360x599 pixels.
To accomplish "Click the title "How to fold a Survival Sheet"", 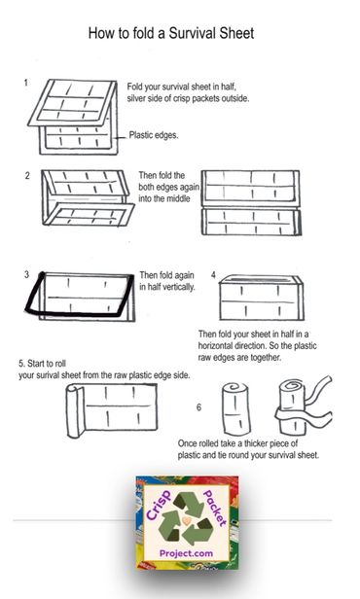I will pyautogui.click(x=170, y=33).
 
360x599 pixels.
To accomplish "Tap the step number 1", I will pyautogui.click(x=26, y=84).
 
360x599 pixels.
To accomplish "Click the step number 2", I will pyautogui.click(x=27, y=175).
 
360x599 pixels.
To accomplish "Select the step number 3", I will pyautogui.click(x=27, y=275).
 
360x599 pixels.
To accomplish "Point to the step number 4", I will pyautogui.click(x=212, y=275).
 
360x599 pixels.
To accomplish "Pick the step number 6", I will pyautogui.click(x=198, y=407).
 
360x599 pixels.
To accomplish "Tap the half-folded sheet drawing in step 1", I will pyautogui.click(x=76, y=115).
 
